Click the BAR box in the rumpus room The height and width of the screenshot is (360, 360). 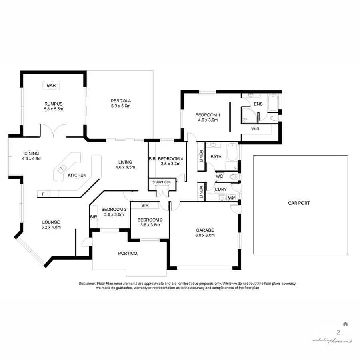point(51,86)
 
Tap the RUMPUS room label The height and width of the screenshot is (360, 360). point(54,104)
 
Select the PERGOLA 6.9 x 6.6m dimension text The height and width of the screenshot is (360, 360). point(121,106)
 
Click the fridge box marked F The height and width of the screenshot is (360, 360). point(43,194)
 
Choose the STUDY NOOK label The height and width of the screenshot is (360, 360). point(161,182)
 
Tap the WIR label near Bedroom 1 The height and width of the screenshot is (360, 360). point(256,129)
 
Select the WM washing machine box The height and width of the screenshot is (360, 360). point(232,198)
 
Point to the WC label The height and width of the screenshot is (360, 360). point(219,176)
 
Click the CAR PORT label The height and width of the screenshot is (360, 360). point(299,203)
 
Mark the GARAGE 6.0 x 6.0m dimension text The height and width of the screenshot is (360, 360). point(205,235)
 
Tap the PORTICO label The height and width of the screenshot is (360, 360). point(128,253)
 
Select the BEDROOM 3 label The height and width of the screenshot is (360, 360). point(114,210)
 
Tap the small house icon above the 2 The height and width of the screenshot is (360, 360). point(345,324)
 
